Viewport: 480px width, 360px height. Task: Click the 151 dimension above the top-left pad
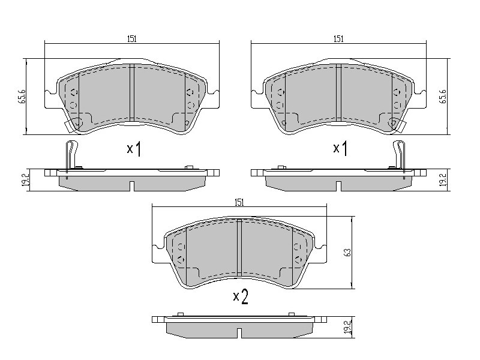click(x=131, y=39)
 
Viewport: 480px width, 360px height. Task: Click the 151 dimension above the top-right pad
click(x=338, y=39)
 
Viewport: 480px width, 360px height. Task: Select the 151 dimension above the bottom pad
click(x=239, y=202)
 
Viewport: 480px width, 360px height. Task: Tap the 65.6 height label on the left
click(x=22, y=97)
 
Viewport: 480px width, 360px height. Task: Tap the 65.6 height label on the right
click(x=443, y=97)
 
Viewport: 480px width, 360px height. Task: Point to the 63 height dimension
click(x=347, y=253)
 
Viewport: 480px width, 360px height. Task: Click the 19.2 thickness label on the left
click(x=26, y=180)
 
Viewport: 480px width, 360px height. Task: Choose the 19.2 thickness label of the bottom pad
click(x=347, y=327)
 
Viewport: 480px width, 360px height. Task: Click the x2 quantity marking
click(x=241, y=296)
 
